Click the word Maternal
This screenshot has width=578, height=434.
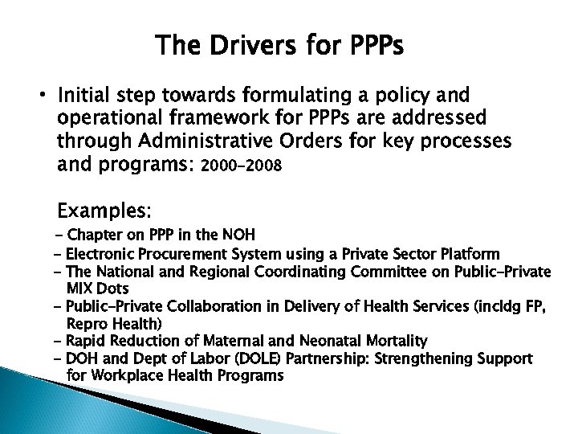click(228, 341)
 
